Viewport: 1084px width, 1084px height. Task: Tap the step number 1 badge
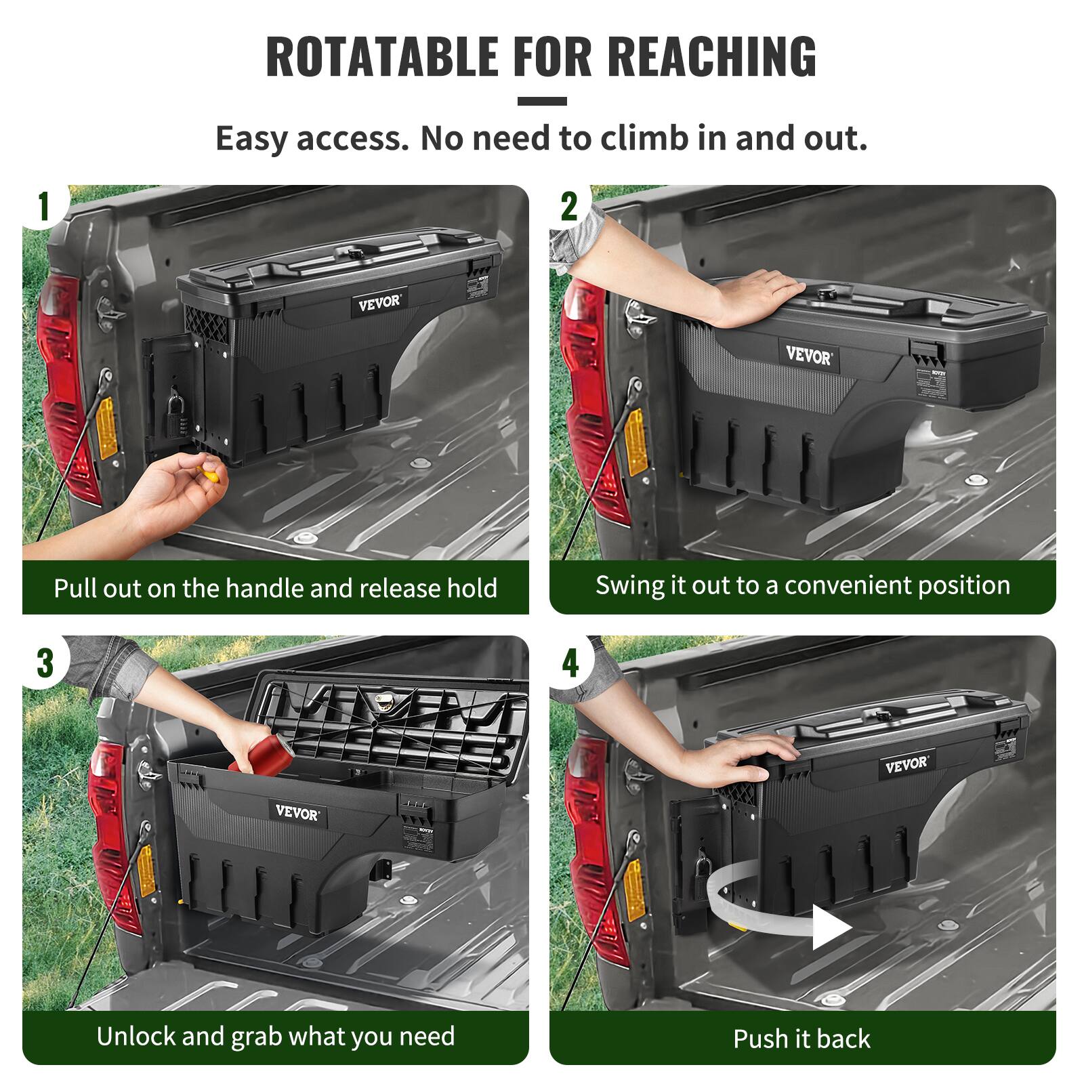(44, 207)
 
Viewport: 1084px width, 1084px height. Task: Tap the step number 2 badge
(569, 207)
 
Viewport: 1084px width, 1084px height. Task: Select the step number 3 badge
(44, 663)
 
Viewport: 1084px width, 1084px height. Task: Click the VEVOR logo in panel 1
(379, 302)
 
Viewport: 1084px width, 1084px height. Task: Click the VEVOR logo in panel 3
(297, 812)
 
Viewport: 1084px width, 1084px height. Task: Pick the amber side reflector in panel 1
(106, 427)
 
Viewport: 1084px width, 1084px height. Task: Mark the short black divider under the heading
(541, 102)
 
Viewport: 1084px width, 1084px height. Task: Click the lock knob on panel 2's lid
(828, 293)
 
